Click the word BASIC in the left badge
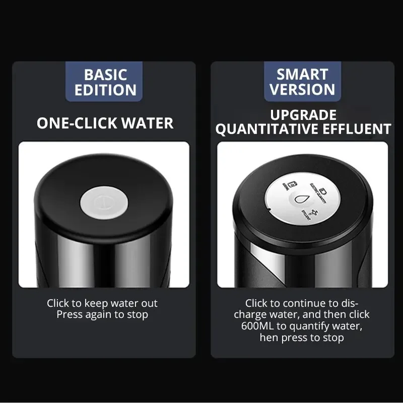(x=105, y=75)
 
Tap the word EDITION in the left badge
(x=105, y=90)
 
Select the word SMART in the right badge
(x=302, y=75)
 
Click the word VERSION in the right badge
(x=302, y=90)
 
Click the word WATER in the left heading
(x=151, y=123)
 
